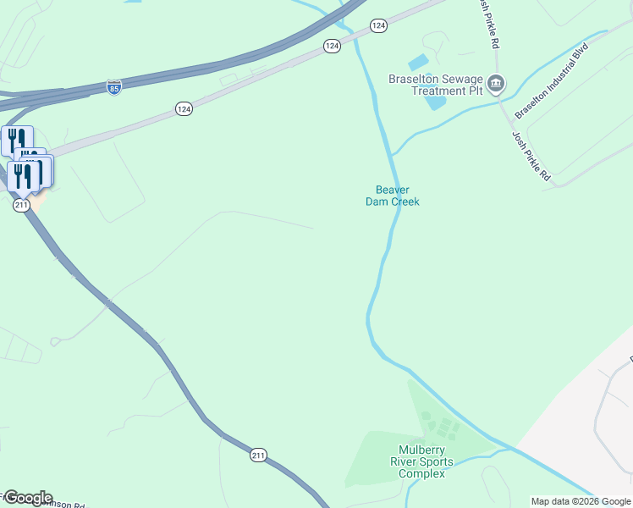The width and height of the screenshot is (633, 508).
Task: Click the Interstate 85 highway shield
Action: tap(114, 87)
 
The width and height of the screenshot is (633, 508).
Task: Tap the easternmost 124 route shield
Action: tap(378, 26)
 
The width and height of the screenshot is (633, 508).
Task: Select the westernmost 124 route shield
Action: tap(184, 108)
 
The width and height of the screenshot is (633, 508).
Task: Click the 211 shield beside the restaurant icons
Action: tap(22, 205)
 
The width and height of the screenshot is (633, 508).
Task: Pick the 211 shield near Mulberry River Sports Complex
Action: tap(259, 456)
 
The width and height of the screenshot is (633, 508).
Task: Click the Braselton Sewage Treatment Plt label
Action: tap(434, 85)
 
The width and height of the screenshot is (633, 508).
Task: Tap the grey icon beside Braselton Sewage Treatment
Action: tap(496, 84)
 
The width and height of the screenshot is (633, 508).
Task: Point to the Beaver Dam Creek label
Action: tap(393, 196)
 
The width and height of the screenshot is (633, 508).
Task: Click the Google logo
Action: tap(27, 498)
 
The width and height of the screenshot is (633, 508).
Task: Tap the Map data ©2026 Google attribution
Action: tap(581, 501)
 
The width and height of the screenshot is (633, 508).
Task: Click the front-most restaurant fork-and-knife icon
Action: tap(21, 176)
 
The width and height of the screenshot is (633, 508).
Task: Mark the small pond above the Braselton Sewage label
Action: tap(418, 63)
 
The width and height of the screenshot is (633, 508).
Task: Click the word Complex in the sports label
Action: tap(421, 473)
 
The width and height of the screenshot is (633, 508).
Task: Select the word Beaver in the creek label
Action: tap(393, 190)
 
